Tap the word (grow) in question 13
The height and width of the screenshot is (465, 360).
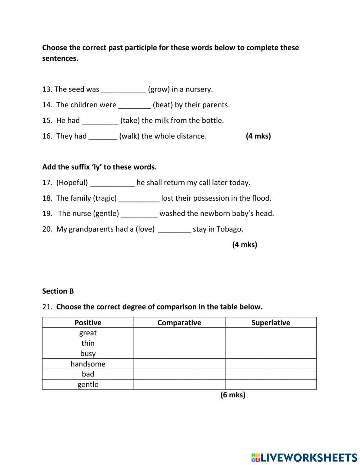pyautogui.click(x=158, y=89)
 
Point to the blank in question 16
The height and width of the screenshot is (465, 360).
pyautogui.click(x=103, y=137)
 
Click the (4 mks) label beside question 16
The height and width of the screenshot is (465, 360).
pyautogui.click(x=258, y=136)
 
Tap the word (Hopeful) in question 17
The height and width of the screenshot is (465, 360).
pyautogui.click(x=72, y=183)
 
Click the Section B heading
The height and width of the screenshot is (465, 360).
pyautogui.click(x=58, y=291)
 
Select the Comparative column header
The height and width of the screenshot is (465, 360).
pyautogui.click(x=179, y=323)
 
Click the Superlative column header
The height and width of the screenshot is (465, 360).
pyautogui.click(x=271, y=323)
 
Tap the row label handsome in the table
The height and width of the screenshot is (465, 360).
pyautogui.click(x=88, y=364)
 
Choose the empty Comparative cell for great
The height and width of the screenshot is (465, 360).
pyautogui.click(x=179, y=333)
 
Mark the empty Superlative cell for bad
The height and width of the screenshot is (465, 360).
pyautogui.click(x=271, y=374)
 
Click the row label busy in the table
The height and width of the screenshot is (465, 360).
pyautogui.click(x=88, y=354)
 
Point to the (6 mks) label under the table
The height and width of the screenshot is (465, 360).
pyautogui.click(x=233, y=395)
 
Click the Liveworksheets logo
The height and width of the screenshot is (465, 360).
pyautogui.click(x=304, y=457)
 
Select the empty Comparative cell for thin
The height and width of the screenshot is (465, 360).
pyautogui.click(x=179, y=343)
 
